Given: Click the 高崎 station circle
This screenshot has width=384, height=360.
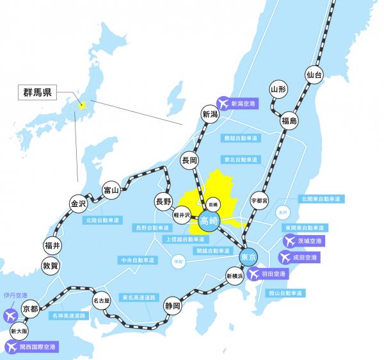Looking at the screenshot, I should [x=209, y=221].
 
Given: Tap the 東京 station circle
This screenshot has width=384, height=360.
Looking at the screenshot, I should [x=248, y=257].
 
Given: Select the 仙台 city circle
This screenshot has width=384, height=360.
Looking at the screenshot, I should [x=314, y=75].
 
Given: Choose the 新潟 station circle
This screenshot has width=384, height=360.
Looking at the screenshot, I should [x=210, y=115].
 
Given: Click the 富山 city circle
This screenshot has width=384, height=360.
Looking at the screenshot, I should [x=111, y=190].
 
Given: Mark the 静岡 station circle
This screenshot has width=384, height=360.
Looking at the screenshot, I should [x=172, y=306].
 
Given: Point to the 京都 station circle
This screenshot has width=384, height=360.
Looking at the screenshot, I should [x=30, y=309].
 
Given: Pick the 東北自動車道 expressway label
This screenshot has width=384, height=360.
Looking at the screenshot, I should [x=241, y=159].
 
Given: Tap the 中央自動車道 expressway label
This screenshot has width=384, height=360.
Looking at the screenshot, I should [x=138, y=261].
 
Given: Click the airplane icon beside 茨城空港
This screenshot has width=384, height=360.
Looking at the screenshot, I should [x=289, y=241].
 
